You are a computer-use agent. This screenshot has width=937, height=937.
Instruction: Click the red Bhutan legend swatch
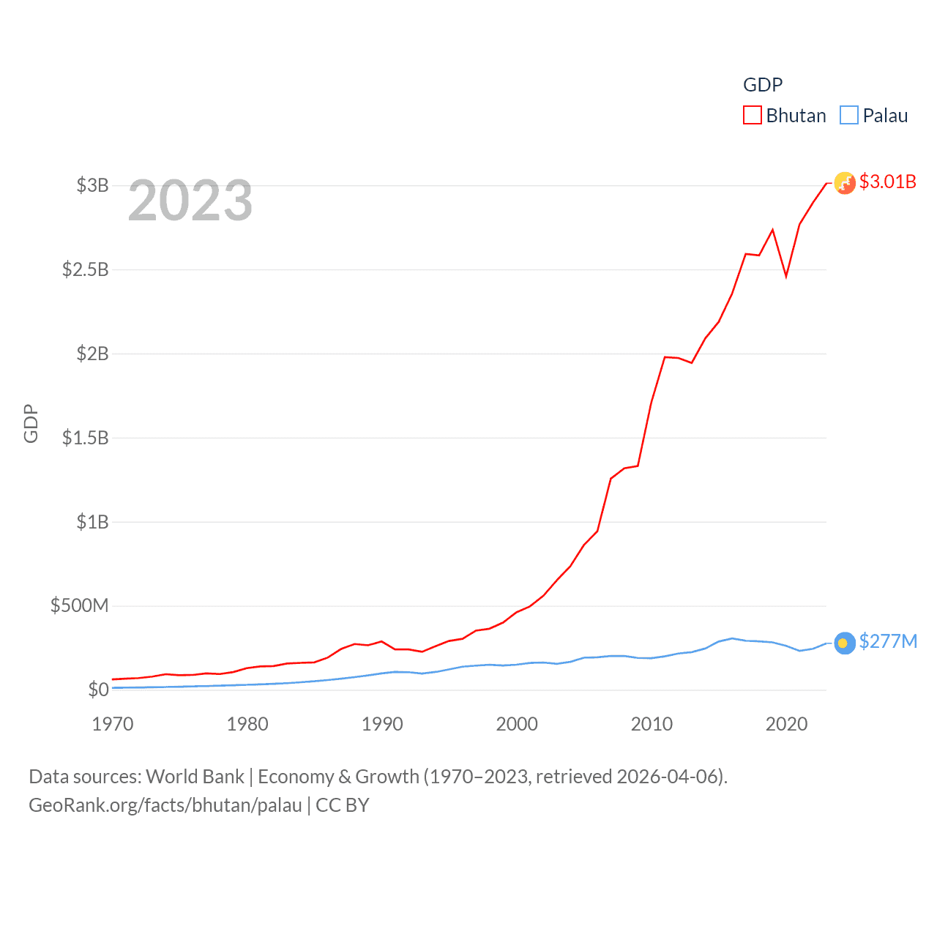752,116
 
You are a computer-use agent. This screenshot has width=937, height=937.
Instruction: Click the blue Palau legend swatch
848,116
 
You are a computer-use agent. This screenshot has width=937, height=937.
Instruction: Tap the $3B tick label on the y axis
92,185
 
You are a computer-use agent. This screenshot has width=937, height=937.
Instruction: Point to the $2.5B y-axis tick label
85,269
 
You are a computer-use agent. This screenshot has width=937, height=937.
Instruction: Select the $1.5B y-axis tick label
85,438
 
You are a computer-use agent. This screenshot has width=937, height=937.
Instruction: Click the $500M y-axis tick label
79,605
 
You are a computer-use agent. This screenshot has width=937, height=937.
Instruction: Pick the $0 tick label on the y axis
98,690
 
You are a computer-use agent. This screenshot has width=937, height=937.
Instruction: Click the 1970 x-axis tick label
113,724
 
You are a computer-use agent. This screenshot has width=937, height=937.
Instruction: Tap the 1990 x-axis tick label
382,724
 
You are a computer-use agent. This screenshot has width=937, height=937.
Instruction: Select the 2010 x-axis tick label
652,724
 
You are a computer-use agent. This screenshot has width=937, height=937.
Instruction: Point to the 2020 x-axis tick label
786,724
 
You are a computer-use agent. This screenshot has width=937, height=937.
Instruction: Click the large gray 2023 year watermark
190,201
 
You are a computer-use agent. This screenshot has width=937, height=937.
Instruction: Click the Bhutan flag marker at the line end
845,183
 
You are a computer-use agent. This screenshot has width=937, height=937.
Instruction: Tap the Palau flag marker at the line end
845,643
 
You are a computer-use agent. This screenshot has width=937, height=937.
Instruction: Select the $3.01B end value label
887,182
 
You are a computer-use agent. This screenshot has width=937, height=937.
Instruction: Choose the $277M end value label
888,641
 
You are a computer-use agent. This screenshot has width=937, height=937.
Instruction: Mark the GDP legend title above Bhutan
763,85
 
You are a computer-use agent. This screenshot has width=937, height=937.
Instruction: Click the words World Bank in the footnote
195,777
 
